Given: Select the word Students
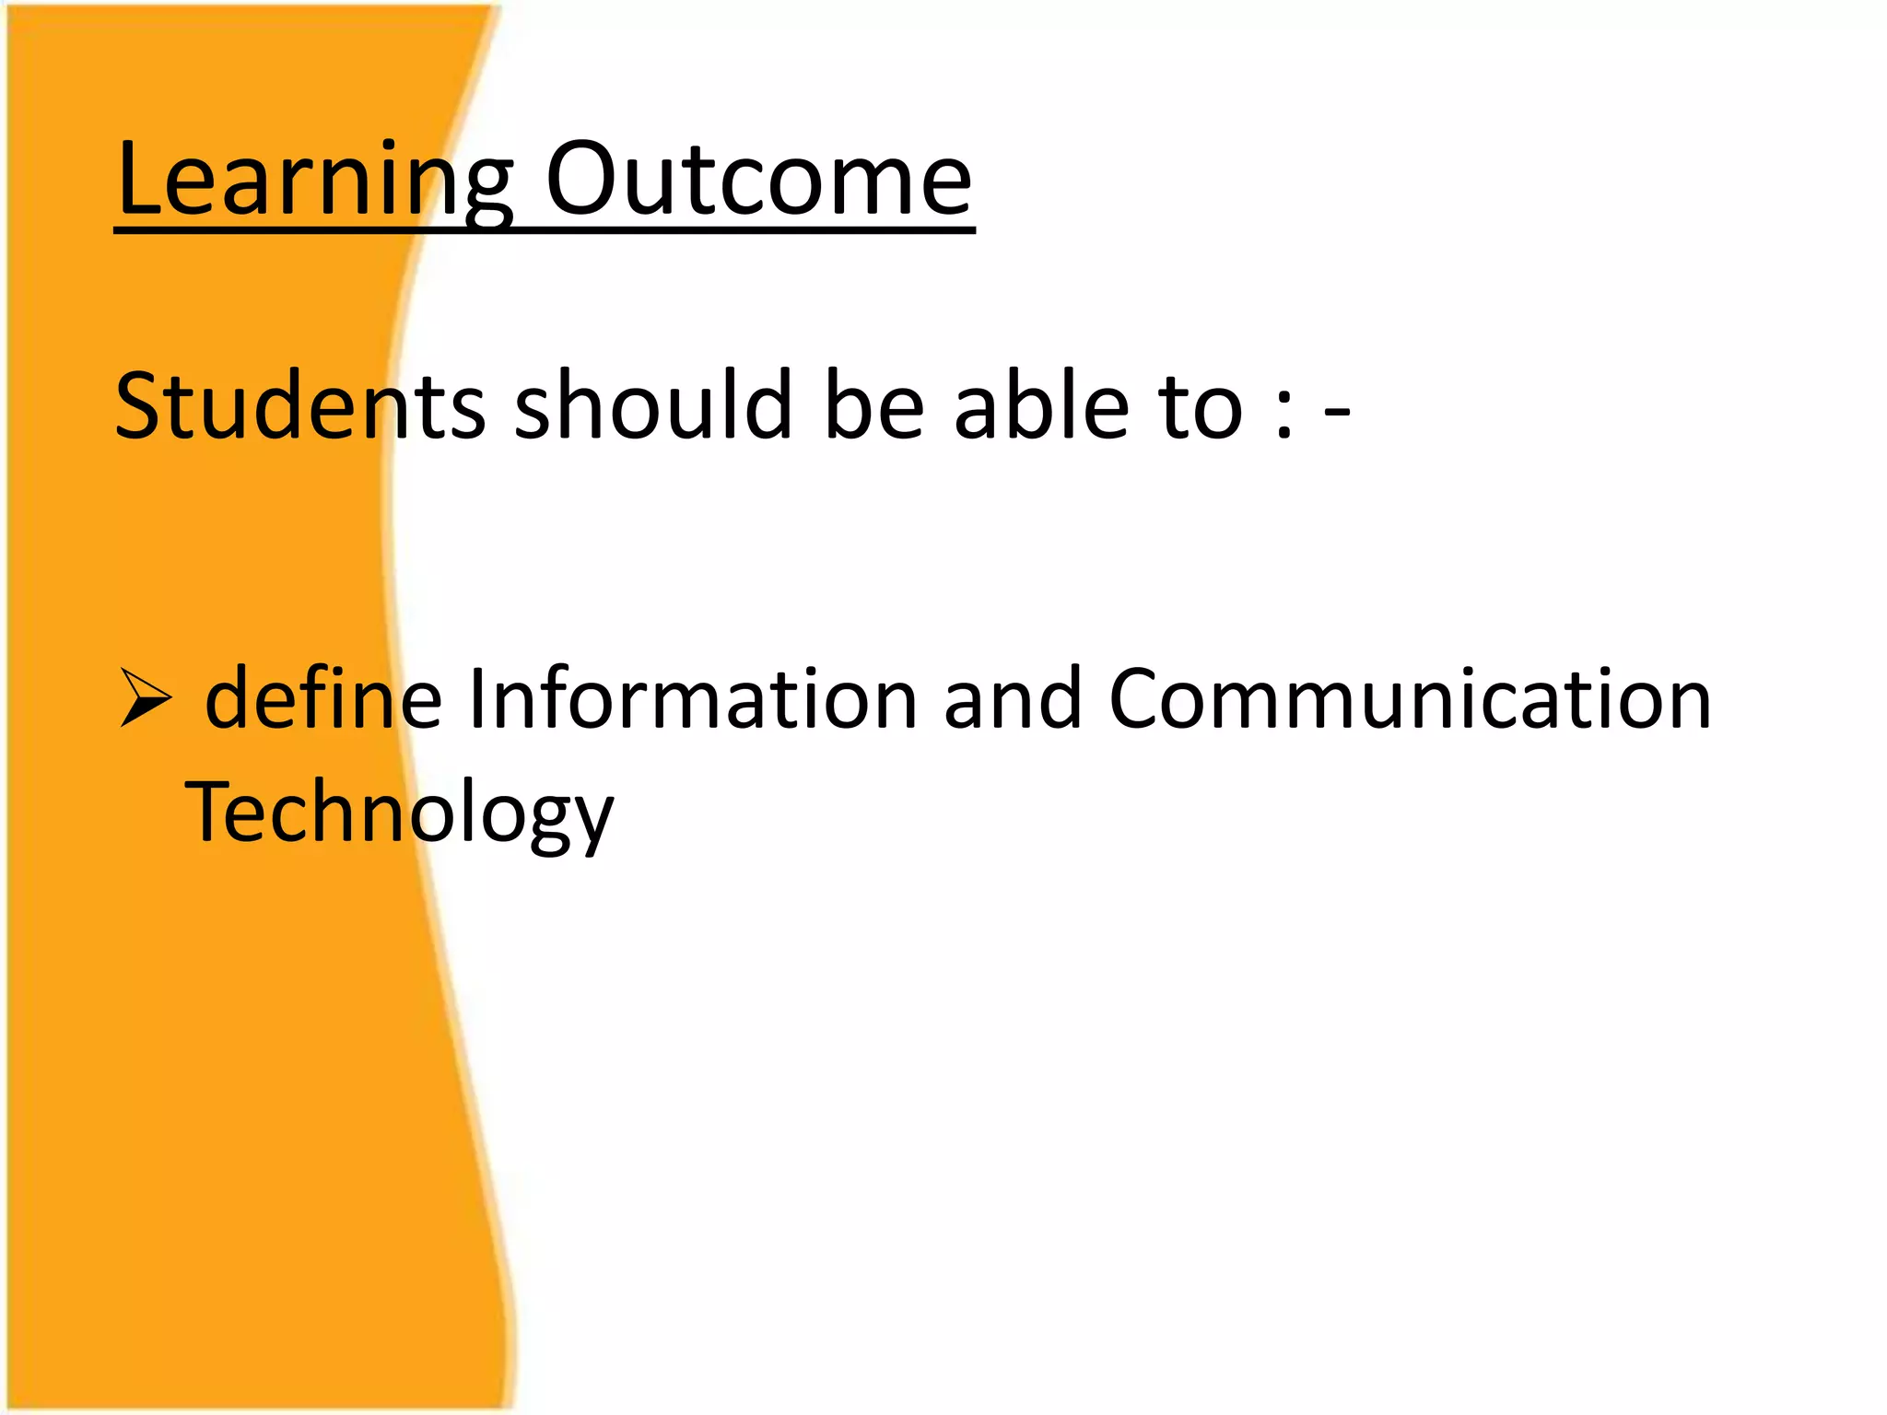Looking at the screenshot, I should [x=300, y=405].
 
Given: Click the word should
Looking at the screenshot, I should [x=653, y=405].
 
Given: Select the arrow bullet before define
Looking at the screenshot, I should [x=146, y=698].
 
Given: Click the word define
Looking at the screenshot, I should [x=323, y=698].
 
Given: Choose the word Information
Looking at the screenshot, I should [x=692, y=698].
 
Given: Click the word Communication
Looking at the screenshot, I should [x=1410, y=698].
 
